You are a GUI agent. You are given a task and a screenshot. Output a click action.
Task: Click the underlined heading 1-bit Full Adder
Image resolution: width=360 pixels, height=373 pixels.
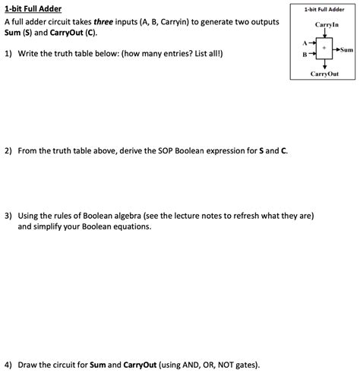coord(33,10)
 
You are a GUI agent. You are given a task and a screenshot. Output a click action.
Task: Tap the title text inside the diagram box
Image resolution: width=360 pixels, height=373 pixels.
coord(324,10)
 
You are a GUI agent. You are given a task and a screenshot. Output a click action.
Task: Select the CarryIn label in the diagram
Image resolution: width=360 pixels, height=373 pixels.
coord(324,25)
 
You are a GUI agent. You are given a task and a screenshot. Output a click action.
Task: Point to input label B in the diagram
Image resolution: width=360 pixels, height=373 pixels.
coord(305,55)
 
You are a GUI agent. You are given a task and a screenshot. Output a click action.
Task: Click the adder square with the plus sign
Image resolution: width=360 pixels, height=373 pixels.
coord(324,49)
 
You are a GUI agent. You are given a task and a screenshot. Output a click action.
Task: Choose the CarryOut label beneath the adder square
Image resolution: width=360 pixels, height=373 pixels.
coord(324,74)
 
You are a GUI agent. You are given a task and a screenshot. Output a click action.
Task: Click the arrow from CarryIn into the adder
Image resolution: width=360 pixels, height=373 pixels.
coord(324,33)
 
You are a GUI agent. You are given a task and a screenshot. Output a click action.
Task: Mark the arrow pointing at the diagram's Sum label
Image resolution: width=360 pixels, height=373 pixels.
coord(336,49)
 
